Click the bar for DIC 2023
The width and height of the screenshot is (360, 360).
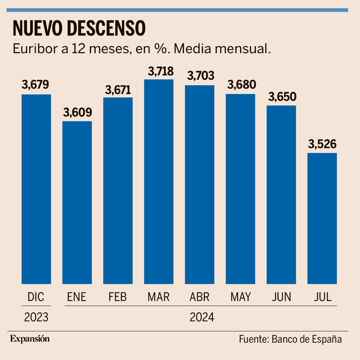pos(36,189)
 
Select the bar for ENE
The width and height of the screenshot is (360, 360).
pos(77,202)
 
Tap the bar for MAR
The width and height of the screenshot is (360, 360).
pos(159,182)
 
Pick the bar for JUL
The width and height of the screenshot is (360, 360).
pos(322,218)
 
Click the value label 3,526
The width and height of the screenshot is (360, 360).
pos(322,145)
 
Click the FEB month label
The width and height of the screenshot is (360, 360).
pos(118,297)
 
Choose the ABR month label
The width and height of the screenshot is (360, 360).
pos(199,297)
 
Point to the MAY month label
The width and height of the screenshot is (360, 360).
pos(240,297)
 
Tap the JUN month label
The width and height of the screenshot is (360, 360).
pos(281,297)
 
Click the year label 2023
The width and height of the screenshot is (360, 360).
pos(36,317)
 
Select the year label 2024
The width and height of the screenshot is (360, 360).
pos(201,317)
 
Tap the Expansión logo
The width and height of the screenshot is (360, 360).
pos(30,339)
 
